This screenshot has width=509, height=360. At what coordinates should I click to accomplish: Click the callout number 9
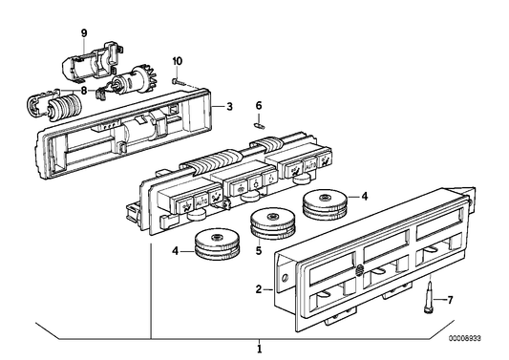[x=83, y=34]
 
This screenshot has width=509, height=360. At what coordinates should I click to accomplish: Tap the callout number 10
[x=177, y=62]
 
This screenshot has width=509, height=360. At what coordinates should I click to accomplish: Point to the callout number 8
[x=84, y=92]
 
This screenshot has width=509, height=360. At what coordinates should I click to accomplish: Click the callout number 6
[x=258, y=105]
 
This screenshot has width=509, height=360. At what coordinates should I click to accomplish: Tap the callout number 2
[x=259, y=286]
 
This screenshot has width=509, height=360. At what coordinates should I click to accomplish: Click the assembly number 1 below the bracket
[x=258, y=348]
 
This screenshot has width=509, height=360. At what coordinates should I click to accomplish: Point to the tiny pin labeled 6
[x=257, y=121]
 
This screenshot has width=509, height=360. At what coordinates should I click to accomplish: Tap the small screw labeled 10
[x=176, y=81]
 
